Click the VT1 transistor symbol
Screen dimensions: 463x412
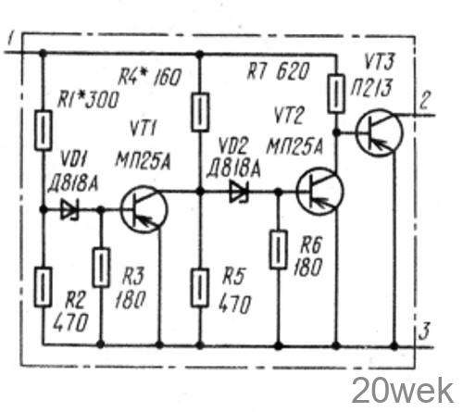pyautogui.click(x=144, y=209)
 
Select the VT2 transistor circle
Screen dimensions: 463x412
pyautogui.click(x=319, y=191)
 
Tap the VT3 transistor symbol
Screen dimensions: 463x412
pyautogui.click(x=379, y=132)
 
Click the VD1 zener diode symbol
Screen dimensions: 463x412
pyautogui.click(x=69, y=210)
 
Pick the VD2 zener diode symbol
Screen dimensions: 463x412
pyautogui.click(x=239, y=192)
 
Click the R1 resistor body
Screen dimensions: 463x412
pyautogui.click(x=43, y=131)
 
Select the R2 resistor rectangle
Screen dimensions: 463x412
pyautogui.click(x=43, y=287)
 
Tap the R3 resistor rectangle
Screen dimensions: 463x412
pyautogui.click(x=101, y=268)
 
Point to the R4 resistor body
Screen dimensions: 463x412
pyautogui.click(x=200, y=112)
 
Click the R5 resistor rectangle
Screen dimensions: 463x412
pyautogui.click(x=200, y=287)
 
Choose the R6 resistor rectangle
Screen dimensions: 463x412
pyautogui.click(x=279, y=249)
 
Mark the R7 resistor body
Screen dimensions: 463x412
pyautogui.click(x=336, y=94)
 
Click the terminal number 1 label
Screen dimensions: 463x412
pyautogui.click(x=10, y=40)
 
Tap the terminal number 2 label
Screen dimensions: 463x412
pyautogui.click(x=424, y=100)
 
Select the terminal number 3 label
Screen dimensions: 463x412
pyautogui.click(x=425, y=331)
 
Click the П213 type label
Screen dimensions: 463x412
pyautogui.click(x=371, y=88)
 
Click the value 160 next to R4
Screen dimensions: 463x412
pyautogui.click(x=167, y=77)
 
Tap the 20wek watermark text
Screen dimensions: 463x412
pyautogui.click(x=402, y=391)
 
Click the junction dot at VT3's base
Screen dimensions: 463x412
pyautogui.click(x=336, y=132)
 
